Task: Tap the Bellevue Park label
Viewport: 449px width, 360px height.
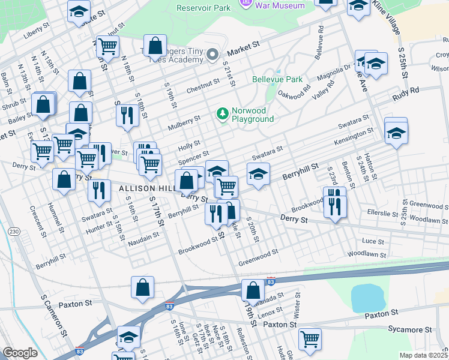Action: click(277, 79)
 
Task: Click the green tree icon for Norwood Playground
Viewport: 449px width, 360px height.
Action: click(223, 113)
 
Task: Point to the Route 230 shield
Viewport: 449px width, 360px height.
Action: click(13, 232)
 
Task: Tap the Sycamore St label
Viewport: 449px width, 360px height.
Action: click(410, 329)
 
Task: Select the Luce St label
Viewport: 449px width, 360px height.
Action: click(373, 241)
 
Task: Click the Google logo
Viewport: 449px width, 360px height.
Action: click(20, 353)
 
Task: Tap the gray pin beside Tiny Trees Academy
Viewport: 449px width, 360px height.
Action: click(212, 55)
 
